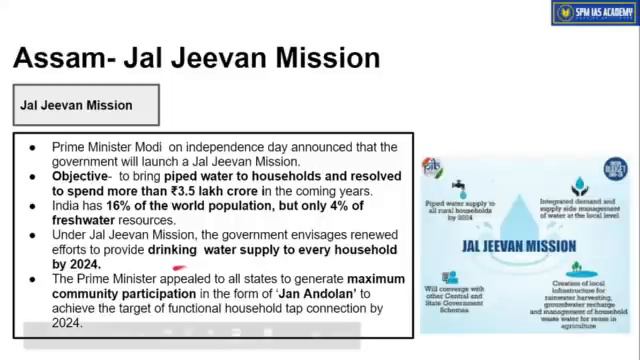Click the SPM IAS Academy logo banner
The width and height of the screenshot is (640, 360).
point(595,13)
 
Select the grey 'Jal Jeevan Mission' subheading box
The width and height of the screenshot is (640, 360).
point(86,105)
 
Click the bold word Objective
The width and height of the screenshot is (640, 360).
point(86,175)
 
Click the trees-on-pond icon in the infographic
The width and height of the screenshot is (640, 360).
point(573,268)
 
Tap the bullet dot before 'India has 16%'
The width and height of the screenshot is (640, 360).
point(32,205)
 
